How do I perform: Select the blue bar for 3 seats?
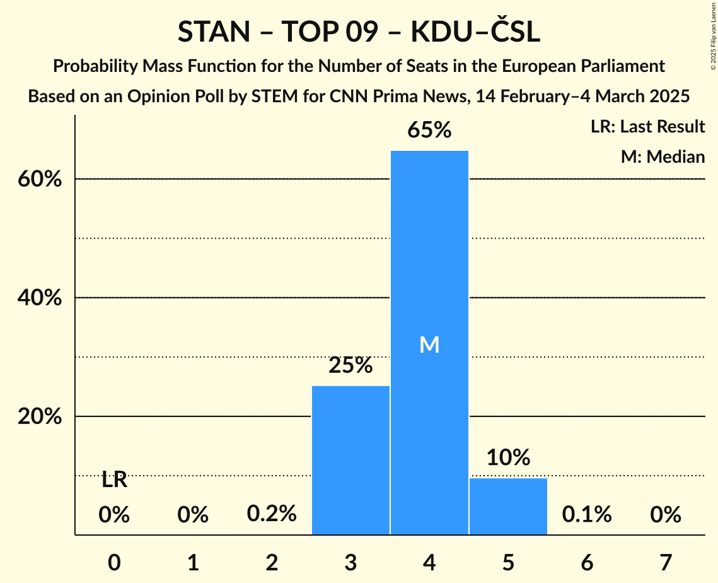point(350,460)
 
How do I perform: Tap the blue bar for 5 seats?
point(508,506)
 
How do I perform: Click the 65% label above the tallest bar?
point(429,131)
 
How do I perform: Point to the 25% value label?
point(350,365)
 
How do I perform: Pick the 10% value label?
point(508,457)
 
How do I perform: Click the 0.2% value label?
point(272,514)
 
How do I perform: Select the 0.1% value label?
point(587,514)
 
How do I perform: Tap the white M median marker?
point(429,344)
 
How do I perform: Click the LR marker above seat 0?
point(114,480)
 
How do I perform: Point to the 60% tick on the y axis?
point(39,179)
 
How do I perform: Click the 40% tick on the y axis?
point(39,298)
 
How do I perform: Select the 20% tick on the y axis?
point(39,417)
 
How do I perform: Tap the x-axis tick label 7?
point(666,562)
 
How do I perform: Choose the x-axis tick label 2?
point(272,562)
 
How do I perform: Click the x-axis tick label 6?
point(587,562)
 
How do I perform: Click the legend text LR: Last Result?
point(647,127)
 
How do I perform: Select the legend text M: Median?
point(663,156)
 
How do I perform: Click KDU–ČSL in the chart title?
point(475,32)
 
